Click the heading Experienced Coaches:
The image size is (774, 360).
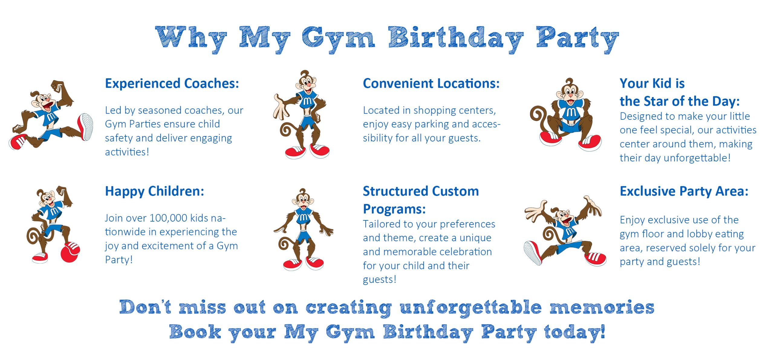pyautogui.click(x=172, y=84)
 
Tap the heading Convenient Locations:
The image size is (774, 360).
pyautogui.click(x=431, y=84)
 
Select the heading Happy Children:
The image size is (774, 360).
pyautogui.click(x=154, y=192)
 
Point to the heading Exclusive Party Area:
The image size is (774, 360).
pyautogui.click(x=684, y=191)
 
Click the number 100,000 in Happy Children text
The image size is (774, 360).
pyautogui.click(x=169, y=218)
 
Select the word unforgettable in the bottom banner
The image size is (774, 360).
pyautogui.click(x=470, y=308)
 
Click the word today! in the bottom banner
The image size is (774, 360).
pyautogui.click(x=574, y=332)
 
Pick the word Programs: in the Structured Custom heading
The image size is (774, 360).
pyautogui.click(x=394, y=209)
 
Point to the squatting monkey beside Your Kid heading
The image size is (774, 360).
pyautogui.click(x=565, y=115)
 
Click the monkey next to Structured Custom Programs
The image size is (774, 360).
pyautogui.click(x=303, y=229)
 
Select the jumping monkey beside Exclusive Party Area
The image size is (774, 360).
pyautogui.click(x=565, y=231)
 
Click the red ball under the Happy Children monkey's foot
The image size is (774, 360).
pyautogui.click(x=70, y=252)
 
